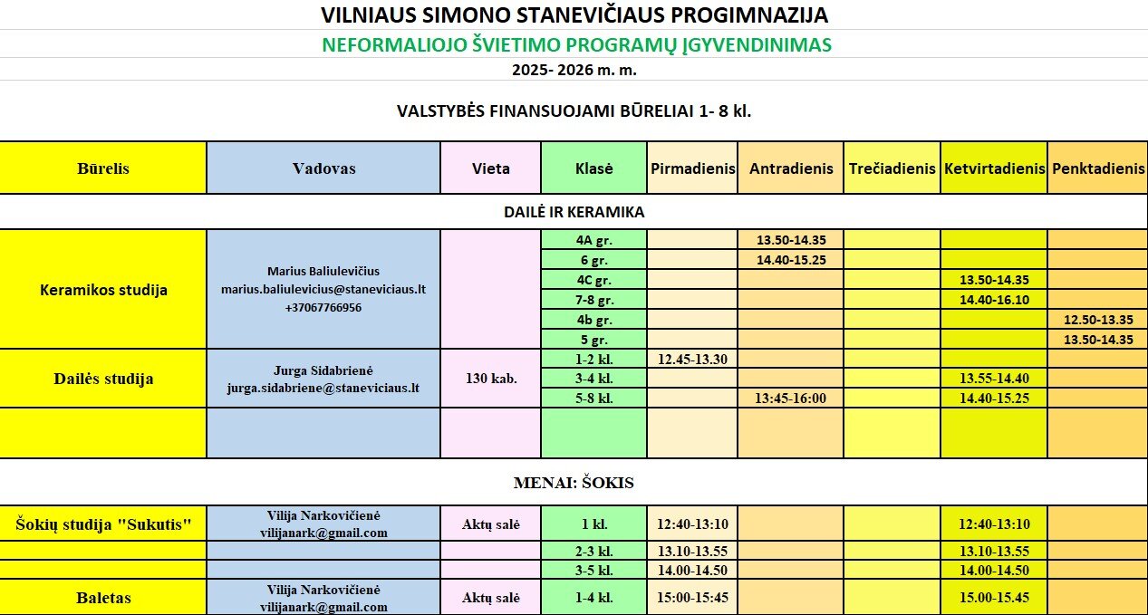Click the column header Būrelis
coord(102,168)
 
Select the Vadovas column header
coord(323,168)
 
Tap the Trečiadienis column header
coord(892,168)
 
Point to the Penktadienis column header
coord(1098,168)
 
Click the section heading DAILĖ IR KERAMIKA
coord(574,212)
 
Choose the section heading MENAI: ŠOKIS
coord(574,483)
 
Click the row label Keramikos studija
coord(103,291)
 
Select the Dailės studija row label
coord(102,379)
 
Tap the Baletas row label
coord(102,598)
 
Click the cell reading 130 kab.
coord(490,379)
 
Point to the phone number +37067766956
coord(323,308)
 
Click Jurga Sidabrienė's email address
coord(323,388)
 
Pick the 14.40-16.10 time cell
coord(993,300)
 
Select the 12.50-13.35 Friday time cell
coord(1097,320)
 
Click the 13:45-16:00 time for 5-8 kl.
coord(790,399)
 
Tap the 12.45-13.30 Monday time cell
coord(692,359)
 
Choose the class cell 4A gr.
coord(593,241)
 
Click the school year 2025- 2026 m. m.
coord(574,70)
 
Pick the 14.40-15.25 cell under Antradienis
coord(790,260)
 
